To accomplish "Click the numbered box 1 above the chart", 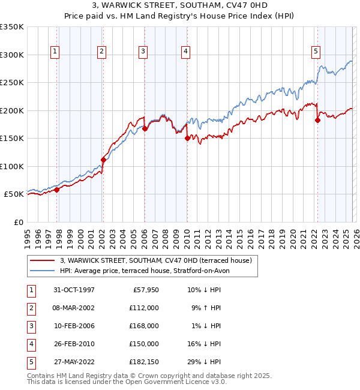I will click(x=55, y=52).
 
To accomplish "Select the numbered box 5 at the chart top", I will click(x=316, y=52).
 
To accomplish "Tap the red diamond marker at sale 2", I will click(x=103, y=160).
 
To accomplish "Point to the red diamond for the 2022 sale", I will click(x=317, y=120).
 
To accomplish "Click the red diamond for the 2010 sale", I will click(x=187, y=138).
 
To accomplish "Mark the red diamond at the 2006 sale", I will click(x=145, y=128).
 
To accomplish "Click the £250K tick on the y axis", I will click(x=12, y=83).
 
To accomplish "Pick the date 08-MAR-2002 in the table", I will click(x=73, y=307).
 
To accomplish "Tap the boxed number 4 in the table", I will click(x=30, y=343).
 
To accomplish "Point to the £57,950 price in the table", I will click(x=144, y=289).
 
